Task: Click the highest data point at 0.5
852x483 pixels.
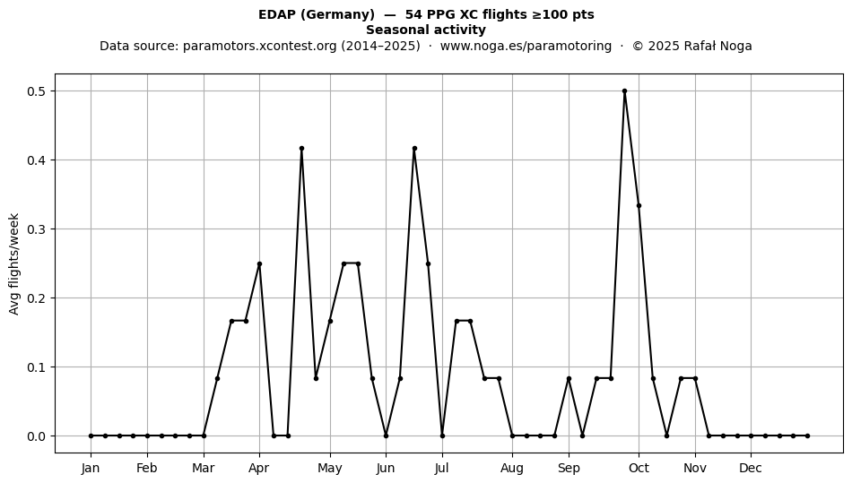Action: (624, 91)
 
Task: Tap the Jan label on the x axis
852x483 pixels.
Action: (91, 468)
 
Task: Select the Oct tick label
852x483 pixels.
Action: (639, 468)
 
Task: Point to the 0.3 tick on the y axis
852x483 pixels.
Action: (36, 229)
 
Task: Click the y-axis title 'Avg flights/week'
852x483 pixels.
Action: (14, 263)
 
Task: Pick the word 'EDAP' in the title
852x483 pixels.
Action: (278, 14)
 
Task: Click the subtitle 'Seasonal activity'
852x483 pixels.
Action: (426, 30)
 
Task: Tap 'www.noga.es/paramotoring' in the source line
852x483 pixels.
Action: (526, 46)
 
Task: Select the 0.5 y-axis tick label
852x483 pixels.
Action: (36, 91)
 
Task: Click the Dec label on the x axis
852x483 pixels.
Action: (751, 468)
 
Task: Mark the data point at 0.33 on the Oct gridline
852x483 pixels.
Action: (639, 206)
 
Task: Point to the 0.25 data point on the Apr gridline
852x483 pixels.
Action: (259, 263)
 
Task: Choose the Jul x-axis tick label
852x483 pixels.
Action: (442, 468)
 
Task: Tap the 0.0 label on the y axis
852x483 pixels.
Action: (36, 436)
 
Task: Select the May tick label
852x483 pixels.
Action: (330, 468)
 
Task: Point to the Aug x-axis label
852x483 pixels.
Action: (512, 468)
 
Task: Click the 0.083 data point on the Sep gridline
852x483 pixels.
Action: (569, 378)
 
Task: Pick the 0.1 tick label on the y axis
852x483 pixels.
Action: (36, 367)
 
